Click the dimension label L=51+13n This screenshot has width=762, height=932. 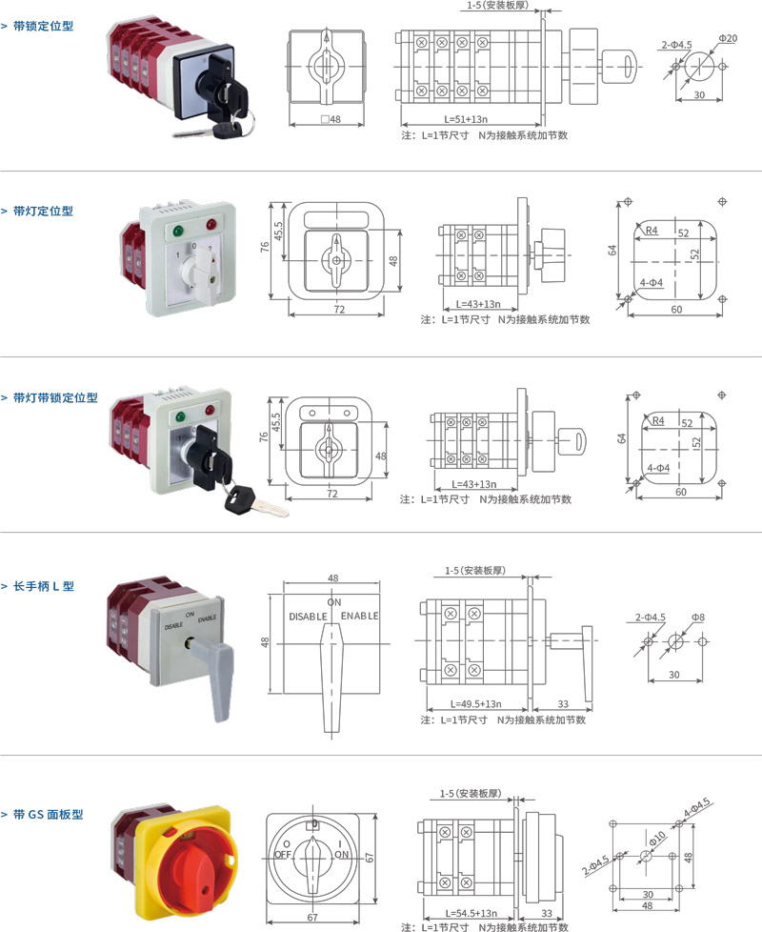pos(466,119)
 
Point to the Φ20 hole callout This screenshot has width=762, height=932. pos(727,38)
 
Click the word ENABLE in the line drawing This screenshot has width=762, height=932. pos(360,617)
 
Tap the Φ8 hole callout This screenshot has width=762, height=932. pos(698,618)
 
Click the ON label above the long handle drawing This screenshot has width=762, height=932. pos(334,603)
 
